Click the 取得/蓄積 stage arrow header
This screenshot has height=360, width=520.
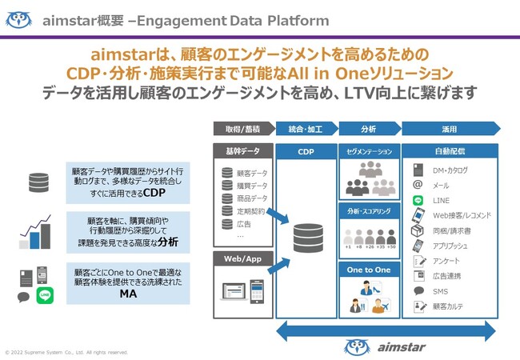point(242,129)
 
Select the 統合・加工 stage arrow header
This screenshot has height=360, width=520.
point(306,129)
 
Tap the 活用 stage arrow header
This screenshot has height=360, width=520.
point(449,129)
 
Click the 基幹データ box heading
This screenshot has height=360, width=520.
point(242,150)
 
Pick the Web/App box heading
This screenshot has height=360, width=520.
point(242,258)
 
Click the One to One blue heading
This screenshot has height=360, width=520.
point(369,270)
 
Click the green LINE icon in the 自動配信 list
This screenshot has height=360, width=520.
point(418,200)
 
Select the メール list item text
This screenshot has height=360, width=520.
point(441,185)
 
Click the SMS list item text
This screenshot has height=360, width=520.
point(440,291)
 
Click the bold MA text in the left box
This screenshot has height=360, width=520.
point(128,294)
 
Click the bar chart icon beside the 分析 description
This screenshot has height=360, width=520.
point(35,232)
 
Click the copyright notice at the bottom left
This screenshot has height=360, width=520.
point(66,352)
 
